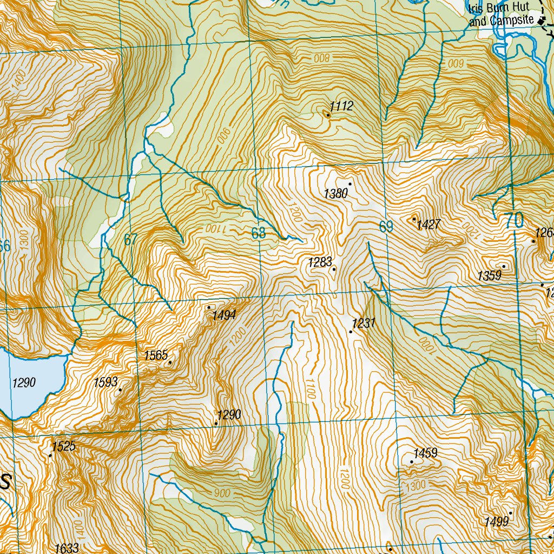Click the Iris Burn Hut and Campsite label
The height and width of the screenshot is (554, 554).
[501, 16]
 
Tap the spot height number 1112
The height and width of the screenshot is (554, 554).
[342, 106]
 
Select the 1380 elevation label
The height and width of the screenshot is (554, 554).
[335, 193]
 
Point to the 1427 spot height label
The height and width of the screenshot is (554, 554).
[428, 225]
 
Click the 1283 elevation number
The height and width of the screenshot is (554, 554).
[319, 262]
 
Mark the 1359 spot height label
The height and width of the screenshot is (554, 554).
[489, 276]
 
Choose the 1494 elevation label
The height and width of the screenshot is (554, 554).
[223, 315]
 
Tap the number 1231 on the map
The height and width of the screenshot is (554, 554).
[364, 324]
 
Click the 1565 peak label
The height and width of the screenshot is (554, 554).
[155, 355]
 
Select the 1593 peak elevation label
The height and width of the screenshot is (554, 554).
[105, 382]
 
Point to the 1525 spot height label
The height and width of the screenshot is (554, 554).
[64, 446]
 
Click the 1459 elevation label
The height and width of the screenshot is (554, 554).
[425, 453]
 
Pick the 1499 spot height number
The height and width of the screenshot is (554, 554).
[497, 522]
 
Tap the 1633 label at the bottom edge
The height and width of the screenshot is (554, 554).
[67, 548]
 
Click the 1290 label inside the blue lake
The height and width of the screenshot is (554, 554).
[24, 383]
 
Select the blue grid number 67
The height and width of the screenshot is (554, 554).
[130, 240]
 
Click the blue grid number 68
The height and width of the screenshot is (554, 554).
[259, 233]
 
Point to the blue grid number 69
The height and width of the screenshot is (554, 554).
[386, 227]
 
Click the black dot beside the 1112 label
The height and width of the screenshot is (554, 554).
[328, 115]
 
